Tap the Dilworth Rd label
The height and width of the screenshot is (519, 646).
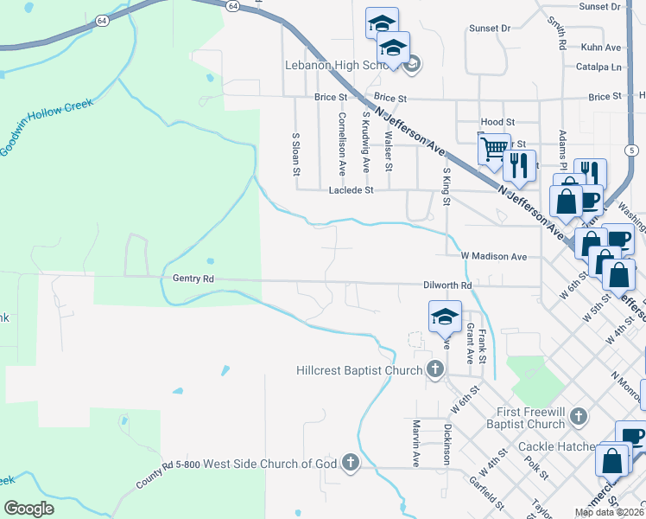447,285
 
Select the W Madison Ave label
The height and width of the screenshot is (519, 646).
493,256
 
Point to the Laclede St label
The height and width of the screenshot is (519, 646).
350,189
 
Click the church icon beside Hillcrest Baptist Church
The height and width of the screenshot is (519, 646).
434,371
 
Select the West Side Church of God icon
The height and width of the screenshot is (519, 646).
351,463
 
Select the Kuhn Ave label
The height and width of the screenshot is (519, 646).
602,48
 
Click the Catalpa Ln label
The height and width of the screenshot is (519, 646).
598,67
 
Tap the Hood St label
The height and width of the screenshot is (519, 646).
497,123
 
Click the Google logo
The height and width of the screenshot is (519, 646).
28,508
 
